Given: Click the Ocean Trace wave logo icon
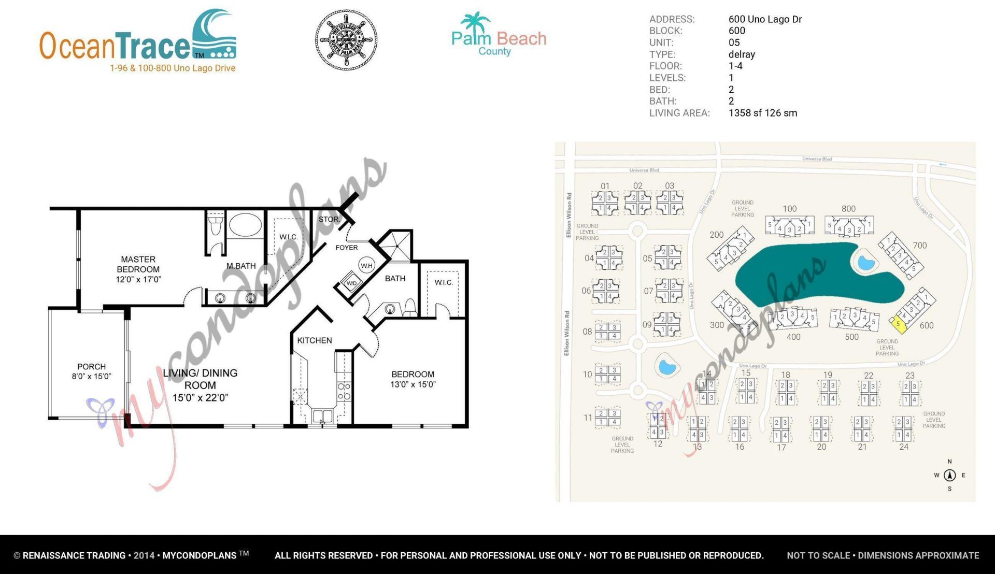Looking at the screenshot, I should [214, 34].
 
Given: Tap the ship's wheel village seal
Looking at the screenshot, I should [346, 39].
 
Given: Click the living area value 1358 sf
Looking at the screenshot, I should [762, 113].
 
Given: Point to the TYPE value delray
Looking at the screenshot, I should [742, 54].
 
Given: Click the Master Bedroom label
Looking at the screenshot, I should [138, 264].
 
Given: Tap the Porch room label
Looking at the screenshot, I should [91, 367].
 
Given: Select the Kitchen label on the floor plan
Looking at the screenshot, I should [315, 340].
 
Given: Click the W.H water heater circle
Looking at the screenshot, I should [367, 266].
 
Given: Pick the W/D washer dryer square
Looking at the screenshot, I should [351, 283].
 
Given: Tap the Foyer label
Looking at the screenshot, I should [347, 248].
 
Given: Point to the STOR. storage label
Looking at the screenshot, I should [329, 220].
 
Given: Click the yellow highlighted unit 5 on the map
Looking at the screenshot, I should [898, 324].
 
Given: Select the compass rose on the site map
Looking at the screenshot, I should [949, 475].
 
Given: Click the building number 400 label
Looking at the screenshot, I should [793, 337].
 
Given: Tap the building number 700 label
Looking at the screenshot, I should [920, 246].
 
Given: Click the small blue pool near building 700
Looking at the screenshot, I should [865, 263].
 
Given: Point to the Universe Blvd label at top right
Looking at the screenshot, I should [817, 159].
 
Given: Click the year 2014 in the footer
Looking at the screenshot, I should [144, 556].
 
